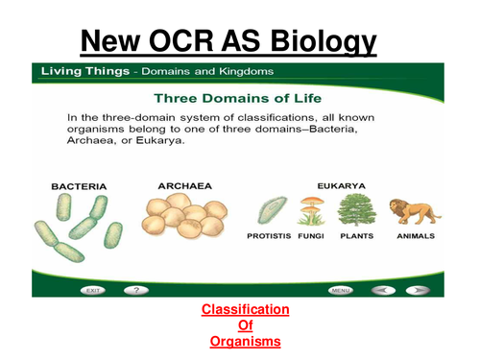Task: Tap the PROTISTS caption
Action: click(x=268, y=236)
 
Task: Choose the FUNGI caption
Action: click(x=309, y=236)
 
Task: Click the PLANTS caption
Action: click(x=357, y=236)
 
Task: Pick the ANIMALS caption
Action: click(x=415, y=236)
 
